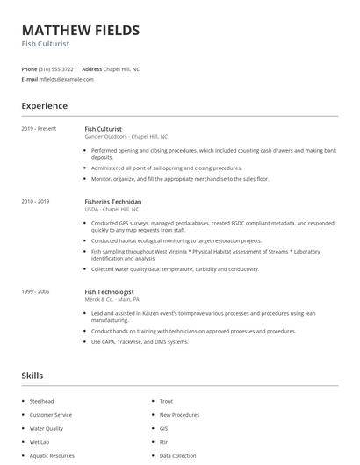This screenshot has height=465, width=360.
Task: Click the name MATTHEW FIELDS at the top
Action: point(81,31)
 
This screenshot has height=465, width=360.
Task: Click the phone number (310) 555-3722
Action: point(57,68)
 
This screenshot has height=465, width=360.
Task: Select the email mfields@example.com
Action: point(67,79)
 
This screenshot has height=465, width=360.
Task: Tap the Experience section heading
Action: point(45,106)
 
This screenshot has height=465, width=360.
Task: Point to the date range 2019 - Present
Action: point(39,129)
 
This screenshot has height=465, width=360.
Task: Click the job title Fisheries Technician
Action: point(114,202)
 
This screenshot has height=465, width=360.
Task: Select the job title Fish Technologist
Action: point(109,291)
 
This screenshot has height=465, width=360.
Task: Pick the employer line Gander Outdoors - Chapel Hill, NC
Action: point(126,137)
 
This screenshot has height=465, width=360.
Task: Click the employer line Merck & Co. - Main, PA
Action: point(112,299)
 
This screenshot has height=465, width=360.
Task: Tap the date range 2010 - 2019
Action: point(35,202)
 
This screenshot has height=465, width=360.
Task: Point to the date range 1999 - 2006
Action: point(35,291)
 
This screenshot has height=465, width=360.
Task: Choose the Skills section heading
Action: point(33,376)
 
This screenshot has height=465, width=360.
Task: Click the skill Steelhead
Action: point(41,401)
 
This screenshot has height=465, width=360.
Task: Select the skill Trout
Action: point(167,401)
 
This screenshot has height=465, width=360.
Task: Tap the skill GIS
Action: point(164,428)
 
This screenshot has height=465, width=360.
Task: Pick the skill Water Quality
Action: point(47,428)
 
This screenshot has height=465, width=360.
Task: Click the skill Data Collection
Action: point(178,456)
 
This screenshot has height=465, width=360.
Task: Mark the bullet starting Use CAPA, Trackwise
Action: point(140,341)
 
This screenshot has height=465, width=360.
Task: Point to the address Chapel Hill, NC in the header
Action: point(122,68)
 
